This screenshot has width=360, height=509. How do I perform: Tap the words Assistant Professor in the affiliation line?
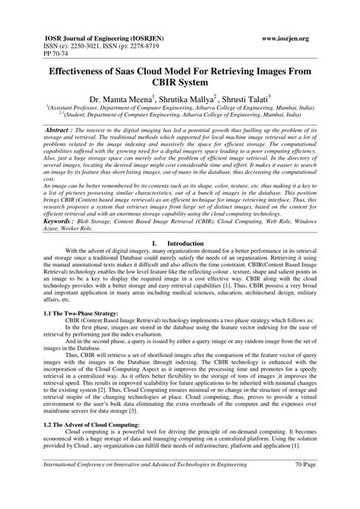pyautogui.click(x=77, y=109)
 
